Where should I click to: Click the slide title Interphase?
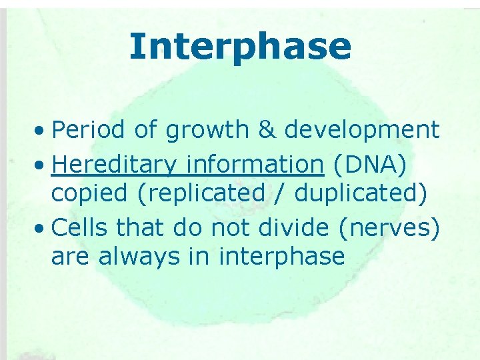pos(240,46)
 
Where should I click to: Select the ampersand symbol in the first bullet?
pos(267,130)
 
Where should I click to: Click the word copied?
pos(86,194)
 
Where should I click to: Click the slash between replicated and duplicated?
pos(279,194)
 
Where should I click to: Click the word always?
pos(133,257)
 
